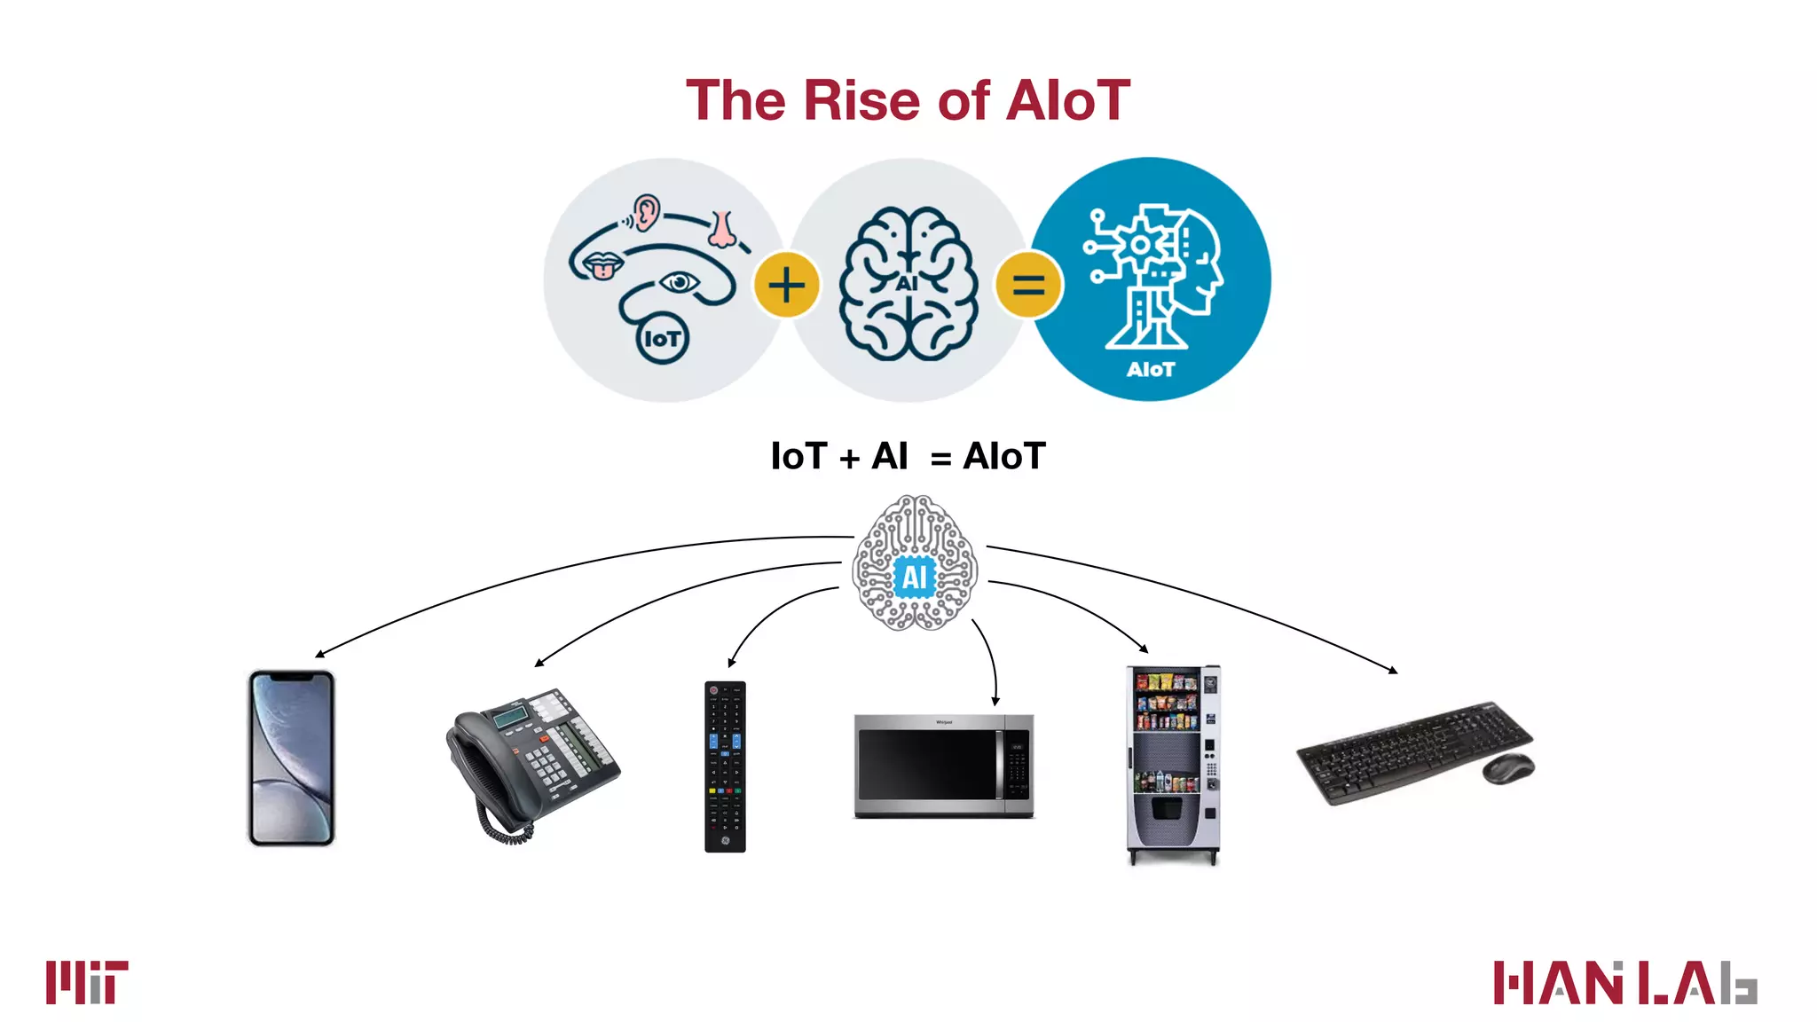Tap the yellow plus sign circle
(x=786, y=285)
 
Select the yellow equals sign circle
(x=1028, y=285)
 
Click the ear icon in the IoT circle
(x=648, y=212)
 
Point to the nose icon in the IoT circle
(x=722, y=230)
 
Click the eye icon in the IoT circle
(x=680, y=282)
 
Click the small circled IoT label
(x=662, y=338)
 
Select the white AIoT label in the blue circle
(x=1151, y=369)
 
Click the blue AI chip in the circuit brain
(x=915, y=578)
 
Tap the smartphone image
(x=291, y=759)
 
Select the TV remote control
(x=725, y=766)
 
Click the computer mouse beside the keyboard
(x=1507, y=768)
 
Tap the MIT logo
(x=87, y=982)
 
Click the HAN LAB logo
(x=1624, y=982)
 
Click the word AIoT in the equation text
(x=1004, y=456)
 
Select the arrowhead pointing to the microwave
(x=995, y=701)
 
